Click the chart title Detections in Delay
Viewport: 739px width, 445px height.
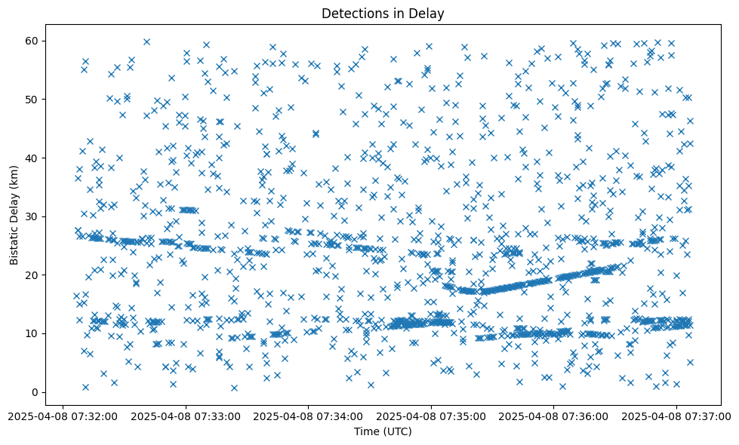[x=383, y=13]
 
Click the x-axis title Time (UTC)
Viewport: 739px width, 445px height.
[x=383, y=431]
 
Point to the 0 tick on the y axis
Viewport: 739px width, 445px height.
[x=34, y=392]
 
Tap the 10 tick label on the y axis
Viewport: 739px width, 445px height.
[x=31, y=333]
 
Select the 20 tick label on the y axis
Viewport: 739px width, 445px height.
[x=31, y=275]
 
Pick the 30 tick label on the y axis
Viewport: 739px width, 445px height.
[x=31, y=216]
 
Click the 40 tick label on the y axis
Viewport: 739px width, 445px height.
[x=31, y=158]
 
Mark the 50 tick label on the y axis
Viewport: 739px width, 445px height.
[x=31, y=99]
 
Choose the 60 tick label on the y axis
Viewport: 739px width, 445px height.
[x=31, y=41]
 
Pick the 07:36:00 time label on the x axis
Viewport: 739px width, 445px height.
[x=553, y=416]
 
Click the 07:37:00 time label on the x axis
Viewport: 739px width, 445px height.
[x=676, y=416]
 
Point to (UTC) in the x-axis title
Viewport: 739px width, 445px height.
[x=397, y=431]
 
